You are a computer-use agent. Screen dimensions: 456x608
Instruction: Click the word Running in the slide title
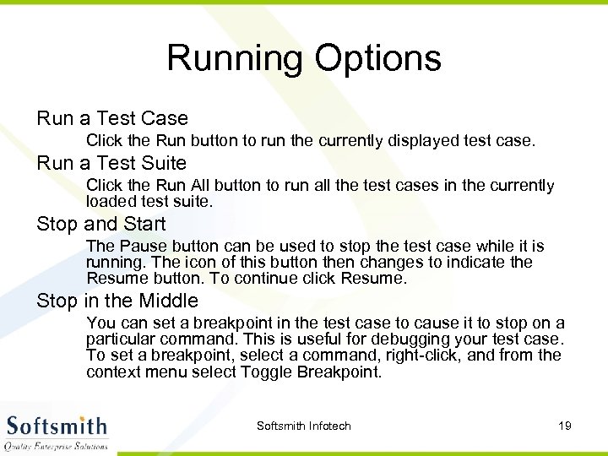pos(236,59)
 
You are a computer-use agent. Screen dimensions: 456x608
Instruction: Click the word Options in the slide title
pos(377,59)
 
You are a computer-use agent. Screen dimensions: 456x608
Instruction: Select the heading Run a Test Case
pos(112,118)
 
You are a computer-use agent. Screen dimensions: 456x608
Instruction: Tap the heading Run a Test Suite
pos(111,163)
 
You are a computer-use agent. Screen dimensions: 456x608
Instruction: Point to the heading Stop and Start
pos(101,225)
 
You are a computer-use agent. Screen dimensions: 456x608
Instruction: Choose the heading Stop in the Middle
pos(117,301)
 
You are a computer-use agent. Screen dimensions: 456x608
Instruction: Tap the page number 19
pos(565,426)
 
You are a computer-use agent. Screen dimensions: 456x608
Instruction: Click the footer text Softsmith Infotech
pos(303,426)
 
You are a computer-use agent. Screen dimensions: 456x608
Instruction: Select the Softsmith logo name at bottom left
pos(57,426)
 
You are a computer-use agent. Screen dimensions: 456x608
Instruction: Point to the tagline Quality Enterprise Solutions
pos(57,445)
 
